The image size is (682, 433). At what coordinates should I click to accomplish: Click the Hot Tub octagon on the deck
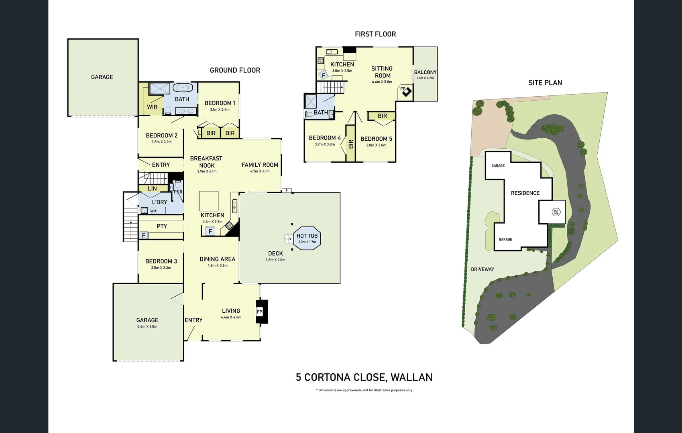tap(307, 239)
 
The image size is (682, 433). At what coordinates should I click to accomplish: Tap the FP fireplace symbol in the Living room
tap(259, 312)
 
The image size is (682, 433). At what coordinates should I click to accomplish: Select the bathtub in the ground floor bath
tap(183, 88)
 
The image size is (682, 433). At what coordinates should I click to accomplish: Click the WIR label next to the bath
tap(152, 107)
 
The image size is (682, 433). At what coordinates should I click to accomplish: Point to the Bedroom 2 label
tap(161, 136)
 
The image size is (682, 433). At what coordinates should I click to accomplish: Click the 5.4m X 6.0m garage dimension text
tap(147, 327)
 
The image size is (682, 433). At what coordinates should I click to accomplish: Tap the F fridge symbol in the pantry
tap(144, 236)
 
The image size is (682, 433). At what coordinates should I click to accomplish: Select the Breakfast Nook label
tap(206, 162)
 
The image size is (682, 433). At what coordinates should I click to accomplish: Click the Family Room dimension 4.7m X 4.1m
tap(260, 171)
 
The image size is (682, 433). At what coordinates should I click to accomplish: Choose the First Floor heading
tap(375, 34)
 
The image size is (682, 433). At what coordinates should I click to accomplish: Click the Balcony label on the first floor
tap(425, 72)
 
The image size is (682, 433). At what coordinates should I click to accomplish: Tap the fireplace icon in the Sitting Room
tap(406, 91)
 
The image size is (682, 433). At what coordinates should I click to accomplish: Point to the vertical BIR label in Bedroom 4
tap(351, 144)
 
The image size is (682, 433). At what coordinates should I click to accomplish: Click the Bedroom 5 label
tap(376, 139)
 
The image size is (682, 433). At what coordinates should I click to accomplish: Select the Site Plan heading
tap(545, 83)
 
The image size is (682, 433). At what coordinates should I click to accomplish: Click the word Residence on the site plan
tap(525, 193)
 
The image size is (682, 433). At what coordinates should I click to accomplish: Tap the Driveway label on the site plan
tap(482, 269)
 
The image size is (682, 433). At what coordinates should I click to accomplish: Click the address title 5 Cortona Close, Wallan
tap(364, 377)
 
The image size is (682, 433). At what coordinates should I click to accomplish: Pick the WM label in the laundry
tap(153, 210)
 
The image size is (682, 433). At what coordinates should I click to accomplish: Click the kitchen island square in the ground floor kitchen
tap(209, 201)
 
